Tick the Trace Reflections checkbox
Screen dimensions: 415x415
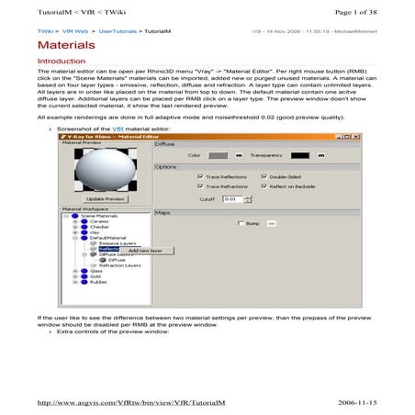tap(200, 176)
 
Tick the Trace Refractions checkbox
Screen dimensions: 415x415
tap(200, 186)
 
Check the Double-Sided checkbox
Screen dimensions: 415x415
tap(264, 176)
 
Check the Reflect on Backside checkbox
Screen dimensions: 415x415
tap(264, 186)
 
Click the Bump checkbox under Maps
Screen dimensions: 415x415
tap(241, 224)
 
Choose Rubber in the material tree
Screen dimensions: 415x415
tap(99, 283)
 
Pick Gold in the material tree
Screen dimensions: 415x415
tap(95, 277)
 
